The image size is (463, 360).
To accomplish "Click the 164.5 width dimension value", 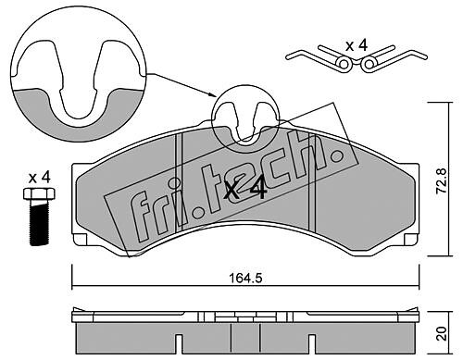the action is pos(245,278).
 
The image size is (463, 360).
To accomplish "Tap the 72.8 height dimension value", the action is pos(441,180).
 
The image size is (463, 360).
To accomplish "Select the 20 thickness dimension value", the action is pos(443,333).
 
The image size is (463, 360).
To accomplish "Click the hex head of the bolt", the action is pos(39,193).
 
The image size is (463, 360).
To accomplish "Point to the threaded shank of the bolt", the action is pos(40,222).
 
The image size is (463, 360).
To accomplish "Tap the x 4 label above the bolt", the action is pos(39,178).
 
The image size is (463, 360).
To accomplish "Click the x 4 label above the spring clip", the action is pos(357,45).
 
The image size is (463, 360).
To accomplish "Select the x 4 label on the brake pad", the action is pos(245,190).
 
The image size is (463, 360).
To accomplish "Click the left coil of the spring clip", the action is pos(344,64).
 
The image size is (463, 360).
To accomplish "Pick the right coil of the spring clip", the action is pos(369,64).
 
